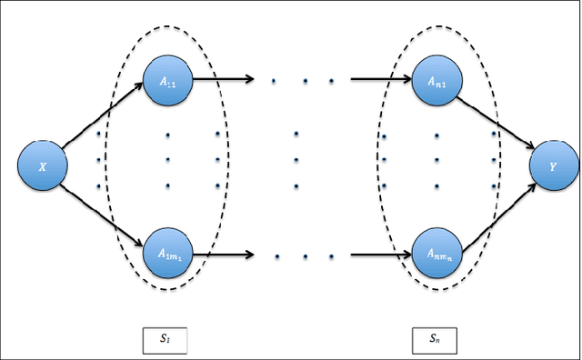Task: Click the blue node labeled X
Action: click(43, 167)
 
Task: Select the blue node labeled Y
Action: click(554, 167)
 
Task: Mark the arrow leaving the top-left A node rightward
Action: click(223, 79)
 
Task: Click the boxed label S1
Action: click(165, 339)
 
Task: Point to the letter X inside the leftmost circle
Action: click(43, 168)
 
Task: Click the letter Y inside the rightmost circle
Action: click(554, 168)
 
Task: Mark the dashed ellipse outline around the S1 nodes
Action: click(228, 164)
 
